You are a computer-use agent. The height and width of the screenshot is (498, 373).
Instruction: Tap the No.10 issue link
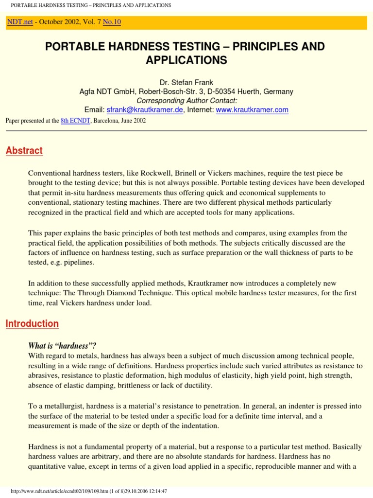click(111, 22)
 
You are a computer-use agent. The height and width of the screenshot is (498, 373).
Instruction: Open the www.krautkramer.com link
click(252, 110)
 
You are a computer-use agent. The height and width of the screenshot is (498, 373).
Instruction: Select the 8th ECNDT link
click(71, 121)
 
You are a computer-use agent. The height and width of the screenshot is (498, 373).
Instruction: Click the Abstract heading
click(24, 151)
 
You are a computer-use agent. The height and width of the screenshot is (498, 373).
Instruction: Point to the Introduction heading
click(32, 324)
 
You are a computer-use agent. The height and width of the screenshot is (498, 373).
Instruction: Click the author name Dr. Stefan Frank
click(186, 83)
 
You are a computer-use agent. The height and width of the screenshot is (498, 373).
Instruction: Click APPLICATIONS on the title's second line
click(186, 60)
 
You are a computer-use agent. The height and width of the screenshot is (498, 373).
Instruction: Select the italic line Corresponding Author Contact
click(186, 101)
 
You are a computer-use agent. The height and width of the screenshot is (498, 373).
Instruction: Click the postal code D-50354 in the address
click(224, 91)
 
